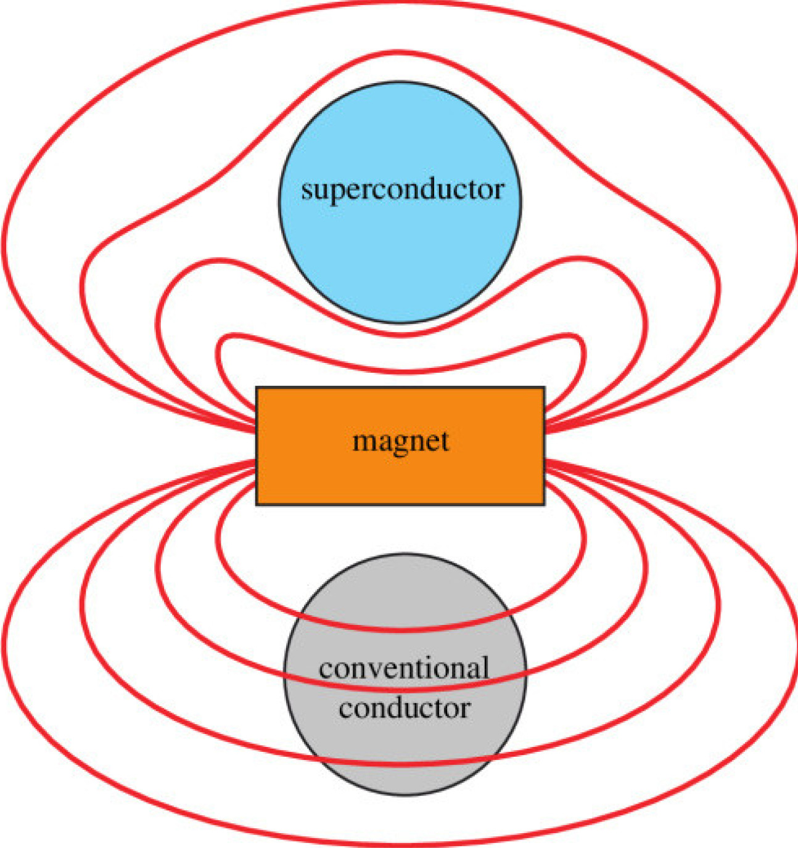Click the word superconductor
point(402,190)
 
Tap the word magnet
point(400,441)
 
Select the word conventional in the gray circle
point(404,669)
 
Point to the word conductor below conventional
point(404,708)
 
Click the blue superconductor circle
point(400,253)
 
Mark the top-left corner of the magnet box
point(257,388)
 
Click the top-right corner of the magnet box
point(544,388)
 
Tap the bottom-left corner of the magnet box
point(257,504)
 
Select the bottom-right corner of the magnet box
point(544,504)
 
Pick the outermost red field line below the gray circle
point(400,842)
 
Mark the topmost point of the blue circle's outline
point(400,82)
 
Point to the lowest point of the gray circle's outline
point(405,795)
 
